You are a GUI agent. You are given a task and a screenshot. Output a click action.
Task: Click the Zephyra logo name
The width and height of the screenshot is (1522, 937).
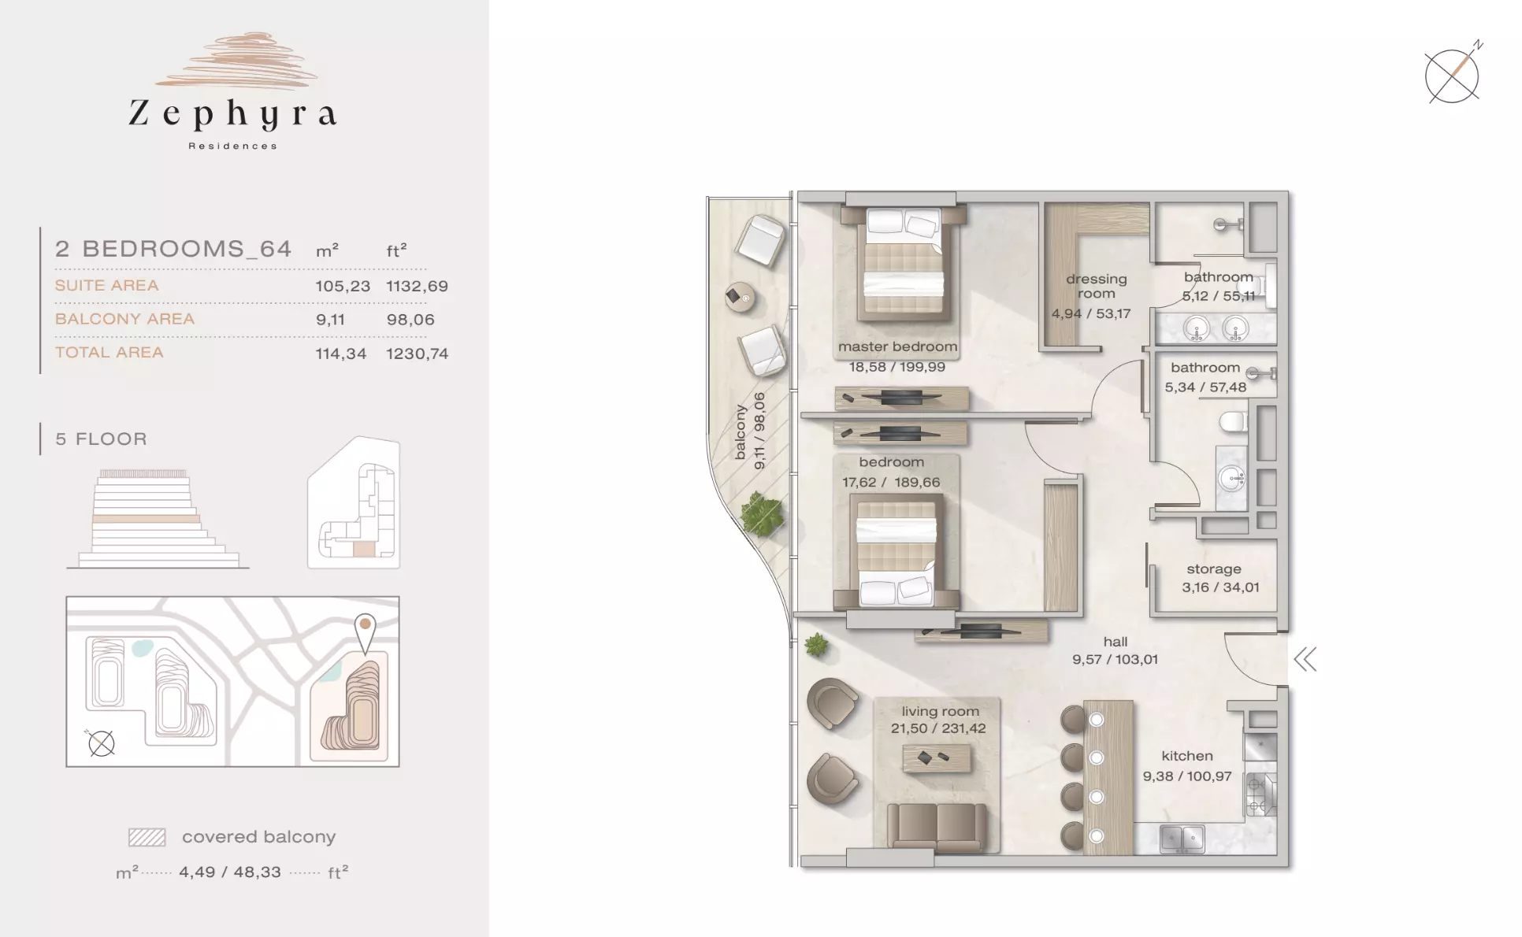point(233,114)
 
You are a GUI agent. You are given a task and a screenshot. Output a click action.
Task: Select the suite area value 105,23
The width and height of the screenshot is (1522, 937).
point(343,286)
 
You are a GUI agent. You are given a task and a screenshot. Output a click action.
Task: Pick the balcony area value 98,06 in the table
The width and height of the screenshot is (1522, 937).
point(410,319)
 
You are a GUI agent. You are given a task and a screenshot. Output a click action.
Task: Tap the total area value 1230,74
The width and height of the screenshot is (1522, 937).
point(417,354)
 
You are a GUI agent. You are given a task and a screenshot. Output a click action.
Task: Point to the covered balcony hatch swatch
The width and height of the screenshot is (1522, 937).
point(147,837)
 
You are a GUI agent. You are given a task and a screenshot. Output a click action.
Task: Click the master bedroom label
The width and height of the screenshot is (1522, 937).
point(897,346)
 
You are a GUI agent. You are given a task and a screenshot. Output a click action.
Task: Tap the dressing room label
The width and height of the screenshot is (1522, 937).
point(1096,286)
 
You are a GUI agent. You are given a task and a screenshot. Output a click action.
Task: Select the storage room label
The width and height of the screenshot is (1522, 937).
point(1214,568)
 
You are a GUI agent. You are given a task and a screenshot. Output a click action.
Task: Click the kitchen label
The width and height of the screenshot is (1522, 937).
point(1187,756)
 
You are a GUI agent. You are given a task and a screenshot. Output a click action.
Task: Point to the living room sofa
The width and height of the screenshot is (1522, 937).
point(937,827)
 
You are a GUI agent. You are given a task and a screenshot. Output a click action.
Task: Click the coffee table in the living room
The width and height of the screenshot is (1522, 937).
point(937,758)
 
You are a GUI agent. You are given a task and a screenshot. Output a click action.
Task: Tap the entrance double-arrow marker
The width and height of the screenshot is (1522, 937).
point(1305,659)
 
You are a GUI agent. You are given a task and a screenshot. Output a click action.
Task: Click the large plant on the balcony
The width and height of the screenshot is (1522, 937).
point(762,515)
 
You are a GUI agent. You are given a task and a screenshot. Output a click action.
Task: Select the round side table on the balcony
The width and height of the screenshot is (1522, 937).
point(740,297)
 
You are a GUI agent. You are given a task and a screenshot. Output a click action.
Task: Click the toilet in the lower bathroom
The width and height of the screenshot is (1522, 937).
point(1233,422)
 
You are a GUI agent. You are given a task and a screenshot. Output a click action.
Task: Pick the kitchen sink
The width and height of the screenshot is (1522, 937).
point(1182,839)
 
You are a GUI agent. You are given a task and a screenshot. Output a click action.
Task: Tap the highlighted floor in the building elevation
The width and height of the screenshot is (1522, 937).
point(146,520)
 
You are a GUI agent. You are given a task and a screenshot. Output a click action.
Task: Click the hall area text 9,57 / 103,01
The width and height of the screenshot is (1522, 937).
point(1115,660)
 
